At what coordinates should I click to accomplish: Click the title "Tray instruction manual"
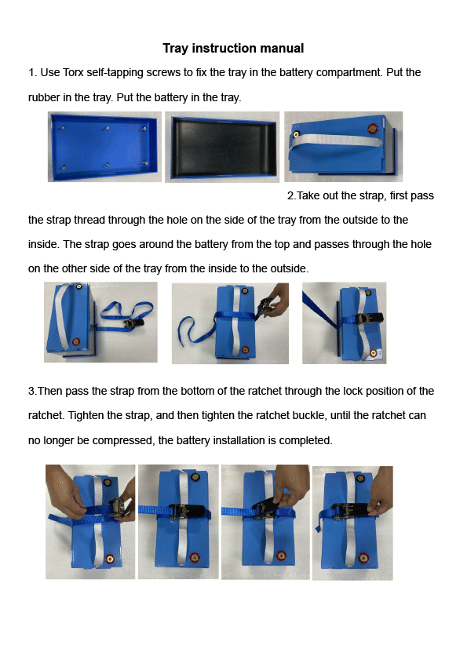(x=233, y=49)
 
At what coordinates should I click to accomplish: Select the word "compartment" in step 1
(x=342, y=73)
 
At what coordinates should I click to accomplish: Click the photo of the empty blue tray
(x=104, y=147)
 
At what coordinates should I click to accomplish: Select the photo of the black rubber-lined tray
(x=223, y=147)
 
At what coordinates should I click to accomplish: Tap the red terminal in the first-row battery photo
(x=373, y=125)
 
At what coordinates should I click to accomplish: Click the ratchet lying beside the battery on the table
(x=137, y=320)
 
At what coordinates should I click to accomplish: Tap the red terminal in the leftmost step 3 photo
(x=110, y=559)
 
